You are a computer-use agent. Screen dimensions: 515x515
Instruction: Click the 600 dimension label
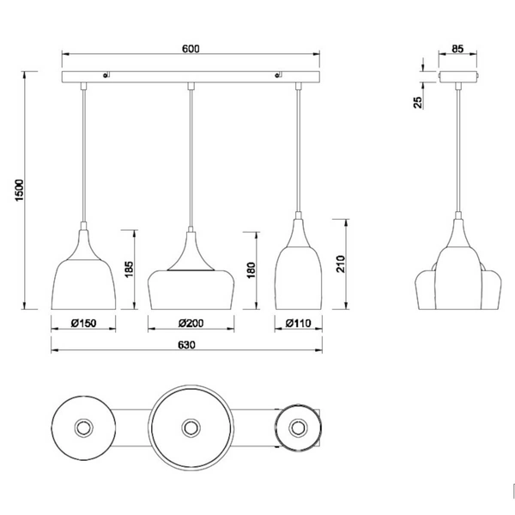pos(191,49)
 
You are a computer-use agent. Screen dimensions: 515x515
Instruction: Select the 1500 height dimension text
pos(20,191)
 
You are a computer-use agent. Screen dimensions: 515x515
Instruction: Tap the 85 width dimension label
pos(457,49)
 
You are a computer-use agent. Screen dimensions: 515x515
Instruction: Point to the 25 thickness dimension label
pos(417,102)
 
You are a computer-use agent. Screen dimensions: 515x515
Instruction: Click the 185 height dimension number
pos(129,269)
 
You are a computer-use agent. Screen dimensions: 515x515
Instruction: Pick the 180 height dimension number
pos(251,270)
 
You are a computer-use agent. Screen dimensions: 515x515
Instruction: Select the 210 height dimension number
pos(341,264)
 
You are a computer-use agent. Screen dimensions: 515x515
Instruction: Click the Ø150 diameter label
pos(84,324)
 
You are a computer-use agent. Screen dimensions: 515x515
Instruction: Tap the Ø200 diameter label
pos(191,324)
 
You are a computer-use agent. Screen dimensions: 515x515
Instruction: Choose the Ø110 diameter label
pos(298,324)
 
